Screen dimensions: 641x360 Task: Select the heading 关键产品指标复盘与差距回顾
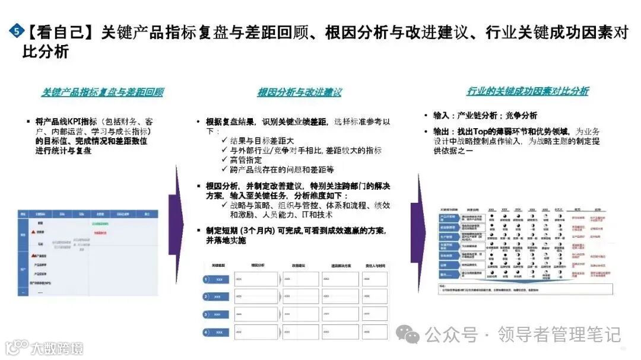click(x=103, y=93)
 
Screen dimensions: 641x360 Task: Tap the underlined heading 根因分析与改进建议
click(x=299, y=93)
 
